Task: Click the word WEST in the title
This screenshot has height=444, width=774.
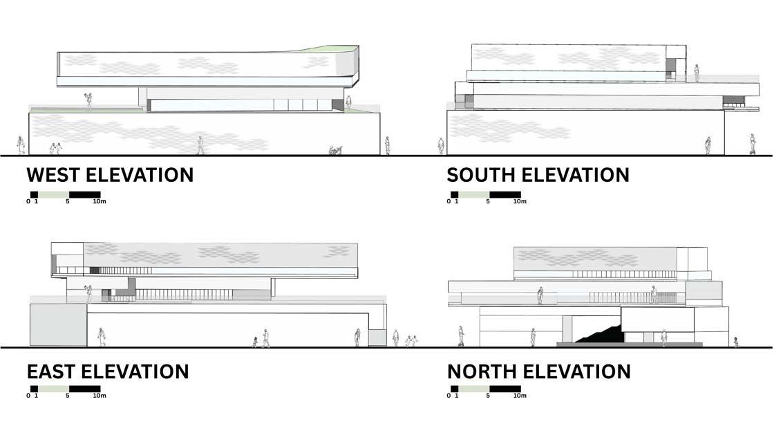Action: click(57, 174)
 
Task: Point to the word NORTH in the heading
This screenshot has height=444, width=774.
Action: click(482, 371)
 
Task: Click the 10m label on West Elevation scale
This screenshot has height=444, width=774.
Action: click(99, 202)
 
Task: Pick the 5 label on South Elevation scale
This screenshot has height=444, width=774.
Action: click(488, 202)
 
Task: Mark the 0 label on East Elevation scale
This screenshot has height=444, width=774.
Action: click(28, 396)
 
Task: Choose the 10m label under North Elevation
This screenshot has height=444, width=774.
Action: click(519, 396)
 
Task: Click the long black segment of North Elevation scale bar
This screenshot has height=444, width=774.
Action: click(505, 389)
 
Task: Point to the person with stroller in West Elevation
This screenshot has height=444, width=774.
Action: click(335, 149)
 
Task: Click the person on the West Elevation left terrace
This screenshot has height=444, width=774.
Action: click(88, 100)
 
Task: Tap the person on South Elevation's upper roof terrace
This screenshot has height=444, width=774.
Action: click(697, 73)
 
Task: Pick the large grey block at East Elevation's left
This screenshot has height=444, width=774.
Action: click(57, 324)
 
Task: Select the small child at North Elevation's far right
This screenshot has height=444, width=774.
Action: click(736, 342)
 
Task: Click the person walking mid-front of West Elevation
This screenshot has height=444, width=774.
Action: click(200, 145)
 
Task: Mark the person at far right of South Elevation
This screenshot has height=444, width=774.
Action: click(752, 144)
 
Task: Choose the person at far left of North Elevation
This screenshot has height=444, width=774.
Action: click(460, 336)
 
